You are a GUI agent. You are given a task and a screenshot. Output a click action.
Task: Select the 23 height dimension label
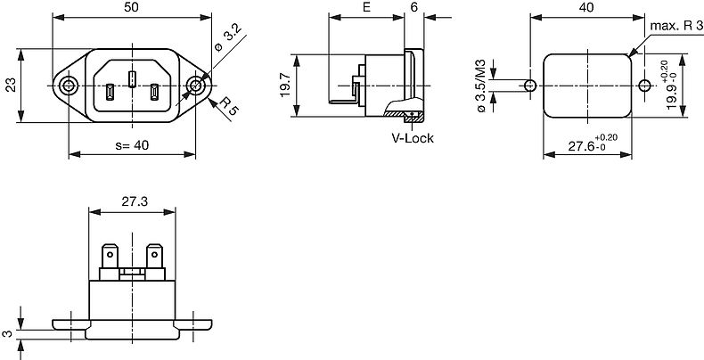pyautogui.click(x=11, y=86)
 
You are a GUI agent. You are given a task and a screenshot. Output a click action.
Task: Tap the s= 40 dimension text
pyautogui.click(x=132, y=146)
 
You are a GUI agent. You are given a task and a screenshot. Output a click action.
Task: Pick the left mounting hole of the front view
pyautogui.click(x=69, y=86)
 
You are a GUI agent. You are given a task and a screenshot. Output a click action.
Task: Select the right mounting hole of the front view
pyautogui.click(x=197, y=86)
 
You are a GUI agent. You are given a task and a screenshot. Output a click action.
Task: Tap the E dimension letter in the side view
pyautogui.click(x=367, y=7)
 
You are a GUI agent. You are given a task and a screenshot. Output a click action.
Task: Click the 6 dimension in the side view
pyautogui.click(x=414, y=7)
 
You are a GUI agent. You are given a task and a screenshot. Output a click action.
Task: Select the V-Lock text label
pyautogui.click(x=411, y=138)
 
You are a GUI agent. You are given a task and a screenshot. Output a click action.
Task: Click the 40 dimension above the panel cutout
pyautogui.click(x=585, y=7)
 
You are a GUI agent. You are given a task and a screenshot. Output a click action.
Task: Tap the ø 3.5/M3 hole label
pyautogui.click(x=481, y=86)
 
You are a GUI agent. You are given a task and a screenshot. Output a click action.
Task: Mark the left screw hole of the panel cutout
pyautogui.click(x=529, y=86)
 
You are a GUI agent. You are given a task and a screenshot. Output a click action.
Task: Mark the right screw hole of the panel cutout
pyautogui.click(x=643, y=86)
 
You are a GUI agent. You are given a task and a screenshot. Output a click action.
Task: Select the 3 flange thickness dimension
pyautogui.click(x=7, y=332)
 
